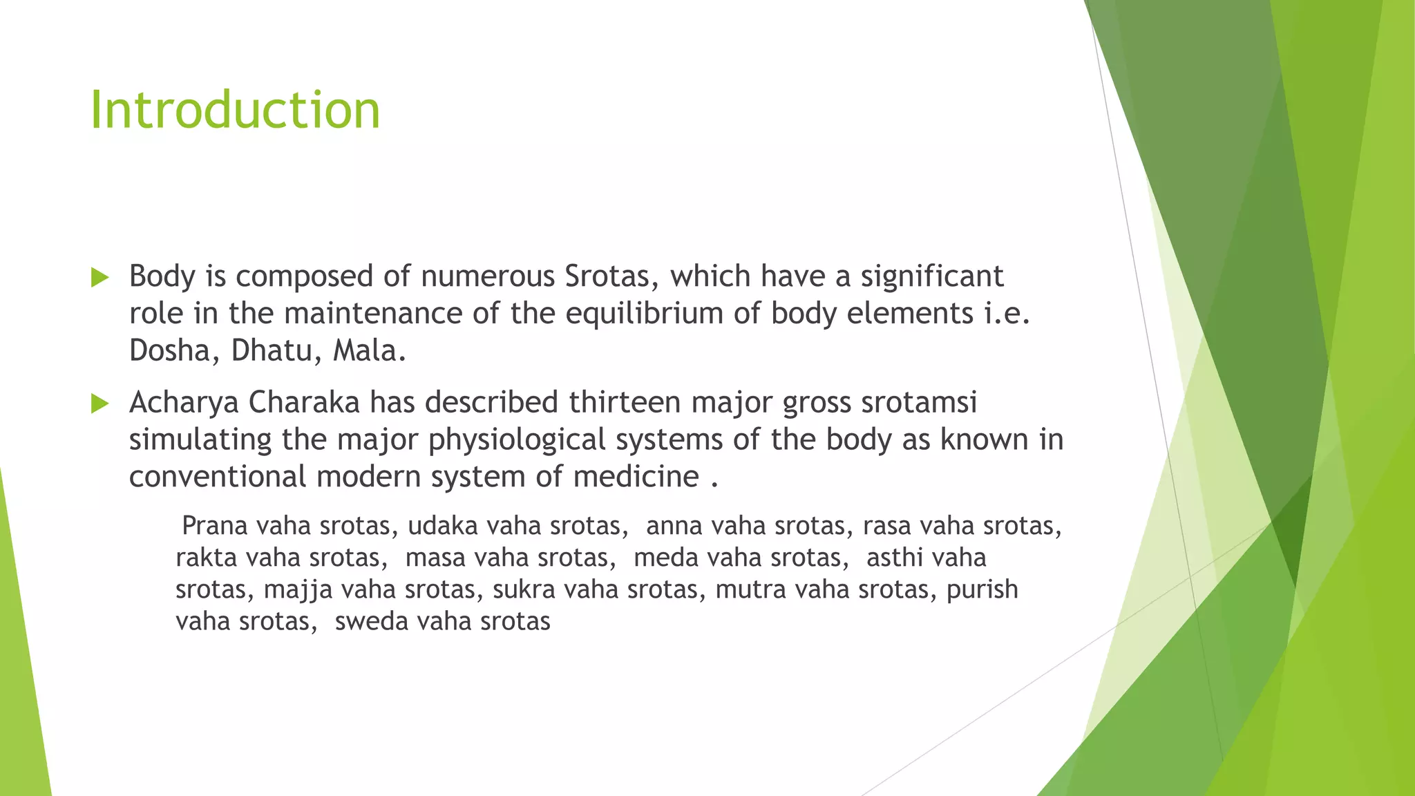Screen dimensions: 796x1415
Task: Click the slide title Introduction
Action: point(235,111)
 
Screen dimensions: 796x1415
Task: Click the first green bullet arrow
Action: point(100,278)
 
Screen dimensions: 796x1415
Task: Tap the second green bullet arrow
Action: point(100,404)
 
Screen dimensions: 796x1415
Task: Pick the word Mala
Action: point(369,351)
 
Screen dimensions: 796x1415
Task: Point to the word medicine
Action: point(636,477)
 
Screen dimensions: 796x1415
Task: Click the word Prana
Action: point(214,526)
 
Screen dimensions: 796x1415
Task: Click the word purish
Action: point(982,589)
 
